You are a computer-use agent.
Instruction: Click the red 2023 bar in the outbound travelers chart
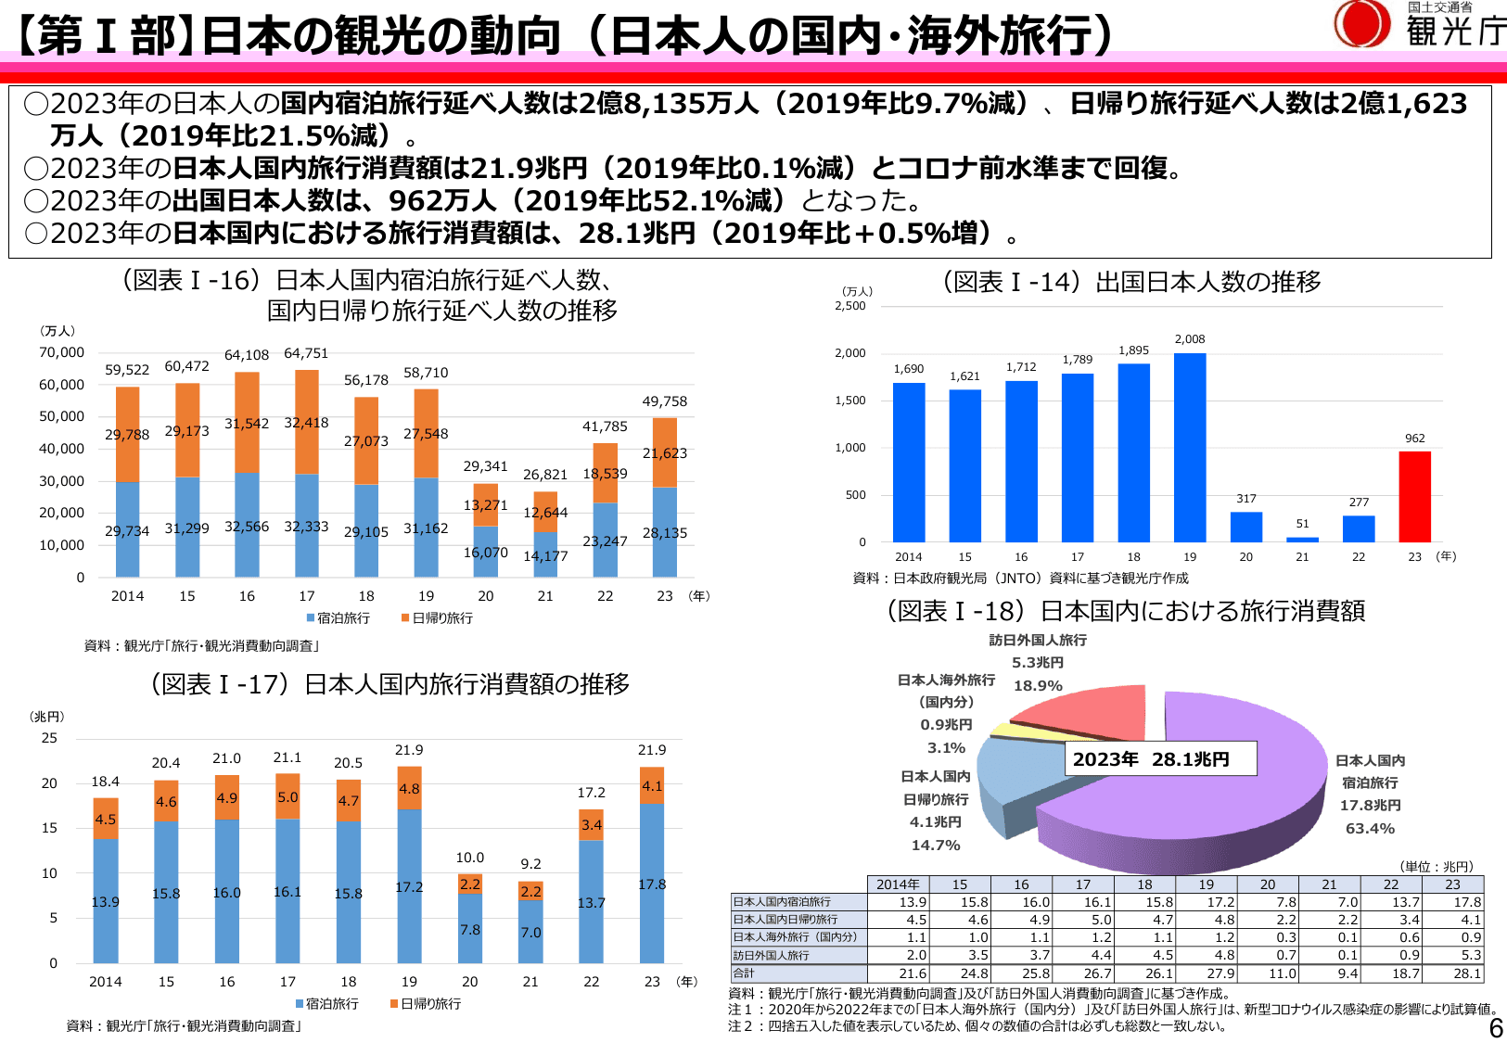coord(1414,497)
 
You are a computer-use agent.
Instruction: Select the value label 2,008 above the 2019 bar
coord(1190,339)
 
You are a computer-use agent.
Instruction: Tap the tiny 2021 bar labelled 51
coord(1302,539)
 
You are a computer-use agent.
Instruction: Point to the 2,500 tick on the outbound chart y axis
coord(850,306)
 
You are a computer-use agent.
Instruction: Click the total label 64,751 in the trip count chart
coord(306,353)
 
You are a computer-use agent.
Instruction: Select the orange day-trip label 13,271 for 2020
coord(485,505)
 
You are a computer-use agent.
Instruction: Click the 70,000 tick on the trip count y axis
coord(61,352)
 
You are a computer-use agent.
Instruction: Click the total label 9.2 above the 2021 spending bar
coord(530,863)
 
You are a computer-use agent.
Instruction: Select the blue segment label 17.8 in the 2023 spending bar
coord(652,884)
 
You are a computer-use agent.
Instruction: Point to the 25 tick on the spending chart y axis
coord(49,738)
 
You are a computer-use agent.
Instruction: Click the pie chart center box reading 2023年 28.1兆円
coord(1159,758)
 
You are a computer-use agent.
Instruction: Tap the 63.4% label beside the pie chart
coord(1370,829)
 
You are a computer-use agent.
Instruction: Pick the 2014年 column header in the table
coord(898,884)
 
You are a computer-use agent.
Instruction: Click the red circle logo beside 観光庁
coord(1361,23)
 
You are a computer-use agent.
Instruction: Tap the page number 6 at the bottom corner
coord(1495,1028)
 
